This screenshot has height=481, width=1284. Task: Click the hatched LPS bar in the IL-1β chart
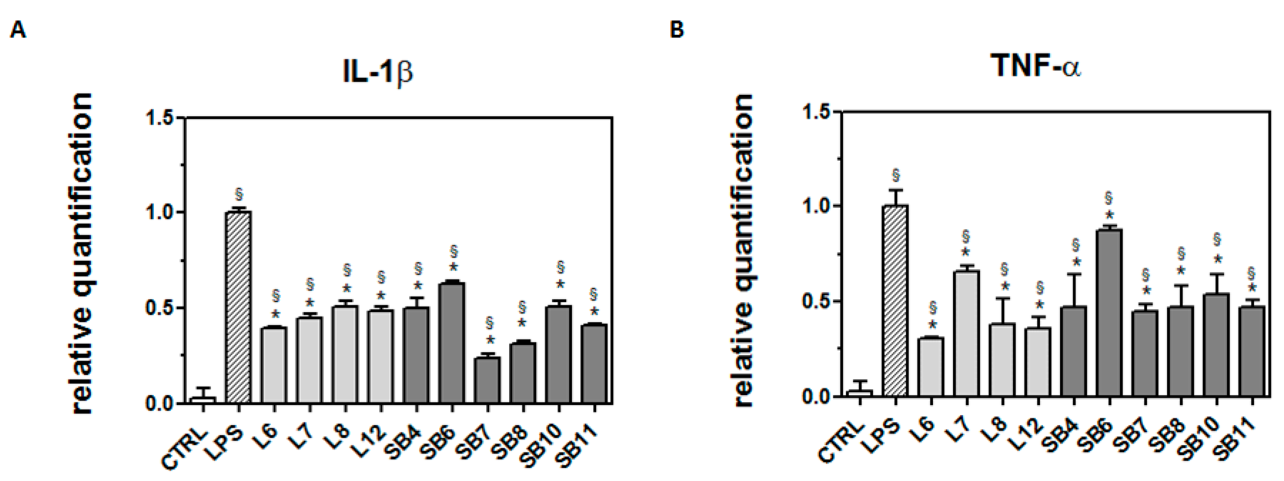click(x=238, y=307)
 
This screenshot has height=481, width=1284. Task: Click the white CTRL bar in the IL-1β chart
click(x=203, y=400)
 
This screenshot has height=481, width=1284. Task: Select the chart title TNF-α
click(x=1036, y=65)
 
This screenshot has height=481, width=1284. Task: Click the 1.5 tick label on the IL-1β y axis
click(x=158, y=118)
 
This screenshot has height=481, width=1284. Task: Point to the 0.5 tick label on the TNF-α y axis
click(x=816, y=301)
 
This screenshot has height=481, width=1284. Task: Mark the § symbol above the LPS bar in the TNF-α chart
click(x=896, y=176)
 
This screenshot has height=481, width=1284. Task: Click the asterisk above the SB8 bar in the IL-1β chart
click(x=522, y=323)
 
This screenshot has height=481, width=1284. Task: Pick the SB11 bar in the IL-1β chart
click(x=593, y=364)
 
